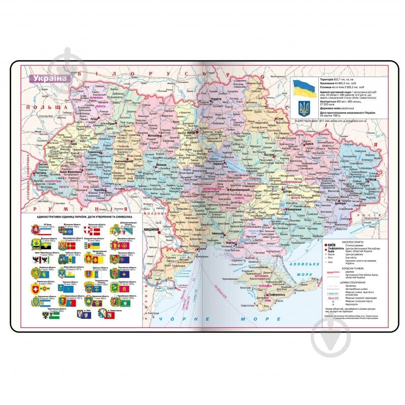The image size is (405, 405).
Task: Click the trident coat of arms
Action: click(x=304, y=107)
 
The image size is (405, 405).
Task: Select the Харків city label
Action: click(x=309, y=143)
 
